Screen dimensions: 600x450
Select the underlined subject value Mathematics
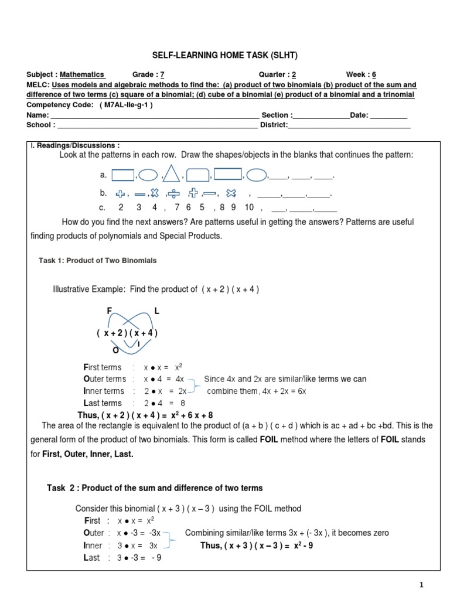pos(82,74)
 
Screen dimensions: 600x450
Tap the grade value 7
pos(162,74)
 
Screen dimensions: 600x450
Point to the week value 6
pos(374,74)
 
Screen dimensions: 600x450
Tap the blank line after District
pos(349,125)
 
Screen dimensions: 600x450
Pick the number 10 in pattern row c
pos(250,207)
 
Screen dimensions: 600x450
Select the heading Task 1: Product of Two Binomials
pos(97,260)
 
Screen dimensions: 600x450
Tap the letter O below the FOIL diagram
pos(115,350)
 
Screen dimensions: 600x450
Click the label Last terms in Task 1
pos(103,403)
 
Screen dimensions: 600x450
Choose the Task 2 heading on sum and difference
pos(155,487)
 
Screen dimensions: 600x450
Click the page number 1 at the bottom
pos(421,584)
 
